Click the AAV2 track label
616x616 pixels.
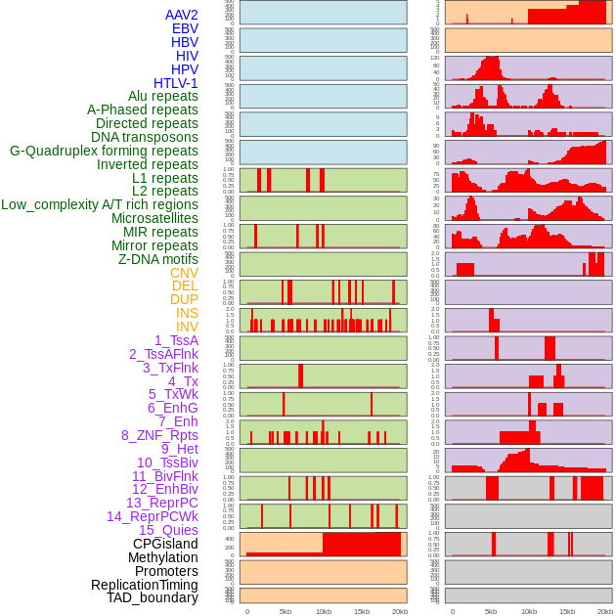(181, 15)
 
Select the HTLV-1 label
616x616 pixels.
(175, 83)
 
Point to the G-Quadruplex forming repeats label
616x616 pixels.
(104, 151)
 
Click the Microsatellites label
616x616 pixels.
(154, 218)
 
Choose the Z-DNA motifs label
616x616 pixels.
(157, 259)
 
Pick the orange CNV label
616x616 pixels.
(184, 273)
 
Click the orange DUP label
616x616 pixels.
(184, 299)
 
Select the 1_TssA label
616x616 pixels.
(176, 340)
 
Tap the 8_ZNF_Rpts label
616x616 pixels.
(159, 435)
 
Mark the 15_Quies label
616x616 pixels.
(168, 530)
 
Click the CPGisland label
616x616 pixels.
(165, 544)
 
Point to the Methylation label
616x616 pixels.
(162, 557)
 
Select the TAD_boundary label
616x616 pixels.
(153, 597)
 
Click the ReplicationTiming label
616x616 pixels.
(144, 585)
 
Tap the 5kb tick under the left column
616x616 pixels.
(286, 611)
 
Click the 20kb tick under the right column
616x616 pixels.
(605, 611)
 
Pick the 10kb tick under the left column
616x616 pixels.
(323, 611)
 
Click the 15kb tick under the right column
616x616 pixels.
(567, 611)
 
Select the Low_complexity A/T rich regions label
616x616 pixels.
(100, 204)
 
